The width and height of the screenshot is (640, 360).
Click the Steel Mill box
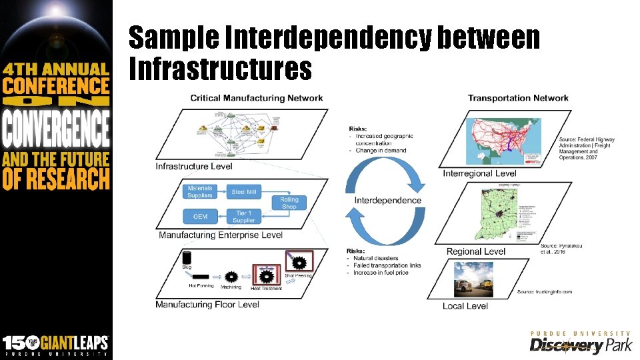(243, 192)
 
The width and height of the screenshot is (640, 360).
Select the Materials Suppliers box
(200, 192)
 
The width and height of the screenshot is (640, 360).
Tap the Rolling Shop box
(289, 203)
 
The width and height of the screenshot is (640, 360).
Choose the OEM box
(200, 216)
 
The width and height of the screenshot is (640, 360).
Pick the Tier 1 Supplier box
(243, 216)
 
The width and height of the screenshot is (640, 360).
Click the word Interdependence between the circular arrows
(388, 200)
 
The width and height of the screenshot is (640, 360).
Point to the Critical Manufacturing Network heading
(257, 98)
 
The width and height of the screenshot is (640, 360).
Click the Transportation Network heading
(518, 98)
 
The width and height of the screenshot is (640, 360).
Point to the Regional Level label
(476, 251)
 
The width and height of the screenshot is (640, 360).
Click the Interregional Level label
(479, 173)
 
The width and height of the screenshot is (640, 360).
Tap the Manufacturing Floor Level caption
(207, 305)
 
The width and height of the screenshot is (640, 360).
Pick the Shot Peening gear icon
(299, 261)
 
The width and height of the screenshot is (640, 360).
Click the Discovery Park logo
(580, 342)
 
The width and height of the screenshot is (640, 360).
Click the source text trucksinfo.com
(545, 292)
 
